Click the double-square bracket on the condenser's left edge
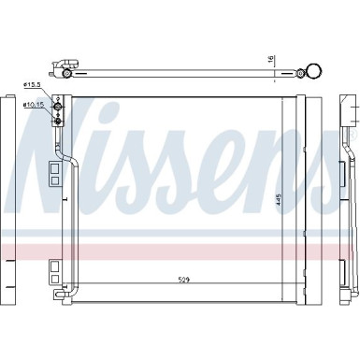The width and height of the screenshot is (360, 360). tap(53, 174)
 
